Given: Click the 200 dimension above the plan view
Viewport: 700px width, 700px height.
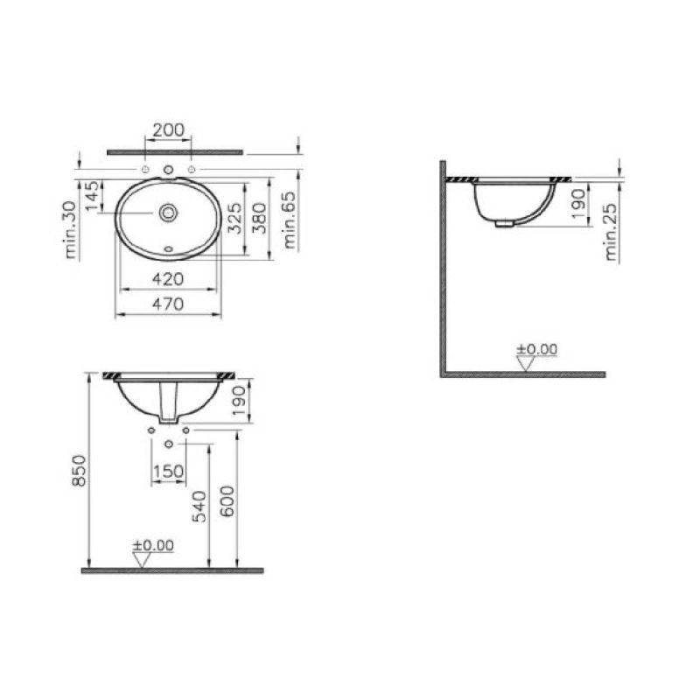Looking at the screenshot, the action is coord(168,129).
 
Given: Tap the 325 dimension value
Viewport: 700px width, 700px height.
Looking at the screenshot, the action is coord(234,218).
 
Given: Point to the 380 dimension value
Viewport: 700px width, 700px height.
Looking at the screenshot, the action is coord(259,218).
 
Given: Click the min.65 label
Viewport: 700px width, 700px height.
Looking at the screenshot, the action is coord(289,220).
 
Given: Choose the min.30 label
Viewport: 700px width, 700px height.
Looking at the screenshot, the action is coord(70,229).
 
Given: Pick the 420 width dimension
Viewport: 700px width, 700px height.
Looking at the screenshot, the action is coord(168,279).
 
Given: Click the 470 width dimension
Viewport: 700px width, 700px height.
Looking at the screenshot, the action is coord(168,304).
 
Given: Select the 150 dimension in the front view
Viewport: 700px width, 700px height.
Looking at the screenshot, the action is coord(168,471).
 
